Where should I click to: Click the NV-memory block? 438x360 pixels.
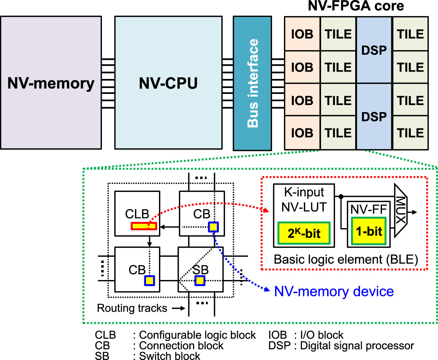click(x=51, y=83)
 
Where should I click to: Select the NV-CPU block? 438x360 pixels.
click(x=168, y=83)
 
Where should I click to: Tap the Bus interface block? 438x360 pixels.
click(x=252, y=83)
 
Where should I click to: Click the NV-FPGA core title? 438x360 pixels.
click(x=356, y=6)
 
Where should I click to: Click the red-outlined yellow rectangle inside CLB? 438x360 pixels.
click(x=144, y=226)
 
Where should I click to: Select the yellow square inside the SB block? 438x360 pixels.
click(x=200, y=280)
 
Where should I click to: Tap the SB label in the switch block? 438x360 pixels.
click(x=201, y=270)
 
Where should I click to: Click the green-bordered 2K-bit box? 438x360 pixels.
click(x=304, y=233)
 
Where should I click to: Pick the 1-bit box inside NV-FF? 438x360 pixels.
click(x=369, y=231)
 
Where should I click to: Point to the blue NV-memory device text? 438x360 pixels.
click(x=334, y=291)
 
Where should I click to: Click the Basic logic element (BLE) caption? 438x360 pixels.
click(x=346, y=259)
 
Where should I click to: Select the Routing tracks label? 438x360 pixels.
click(x=132, y=308)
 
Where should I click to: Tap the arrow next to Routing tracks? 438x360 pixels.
click(x=179, y=308)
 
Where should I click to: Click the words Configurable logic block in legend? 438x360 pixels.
click(x=197, y=335)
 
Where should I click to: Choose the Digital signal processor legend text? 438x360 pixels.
click(x=357, y=346)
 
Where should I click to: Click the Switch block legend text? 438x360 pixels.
click(x=169, y=356)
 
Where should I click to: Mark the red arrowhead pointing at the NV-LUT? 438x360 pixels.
click(x=266, y=210)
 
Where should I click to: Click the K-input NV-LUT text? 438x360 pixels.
click(x=304, y=199)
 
